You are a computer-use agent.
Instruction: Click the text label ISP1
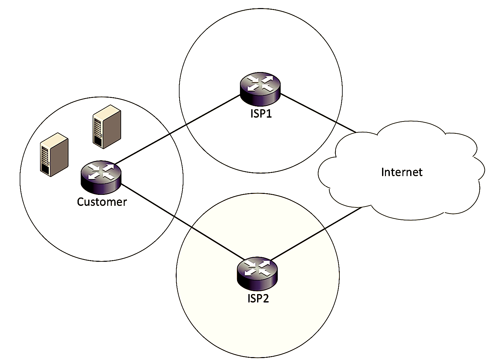click(x=261, y=114)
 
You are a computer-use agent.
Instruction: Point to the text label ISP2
click(x=258, y=298)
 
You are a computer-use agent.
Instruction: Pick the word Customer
click(x=102, y=202)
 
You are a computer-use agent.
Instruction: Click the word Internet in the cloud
click(x=401, y=172)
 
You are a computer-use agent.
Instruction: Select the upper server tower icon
click(x=107, y=126)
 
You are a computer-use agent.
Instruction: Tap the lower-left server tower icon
click(x=54, y=154)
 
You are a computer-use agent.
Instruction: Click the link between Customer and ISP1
click(x=178, y=129)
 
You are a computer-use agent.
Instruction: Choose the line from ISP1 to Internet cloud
click(x=318, y=113)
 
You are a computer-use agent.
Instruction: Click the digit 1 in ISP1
click(x=269, y=114)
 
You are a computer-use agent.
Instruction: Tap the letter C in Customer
click(x=81, y=202)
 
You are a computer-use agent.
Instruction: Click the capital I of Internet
click(x=383, y=172)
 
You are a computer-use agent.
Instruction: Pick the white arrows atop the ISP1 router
click(x=260, y=83)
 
